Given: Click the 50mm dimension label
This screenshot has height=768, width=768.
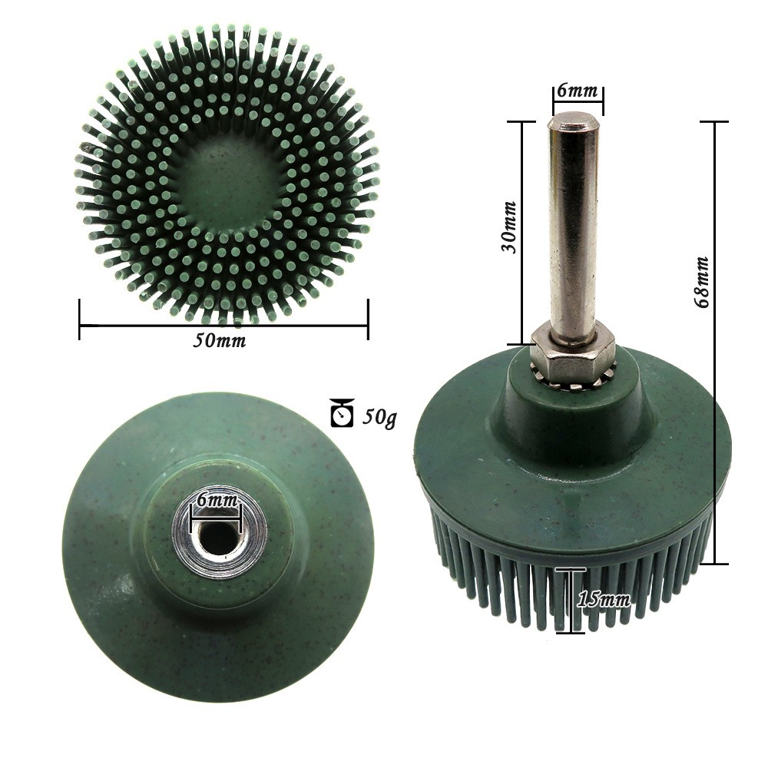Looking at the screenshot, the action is click(x=219, y=340).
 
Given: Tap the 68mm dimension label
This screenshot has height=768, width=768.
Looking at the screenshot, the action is click(x=703, y=282).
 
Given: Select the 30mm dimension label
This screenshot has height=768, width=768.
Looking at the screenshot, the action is click(x=509, y=227).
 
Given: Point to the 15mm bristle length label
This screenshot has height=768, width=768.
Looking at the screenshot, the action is click(x=604, y=599).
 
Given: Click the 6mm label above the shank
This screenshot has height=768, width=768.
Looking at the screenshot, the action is click(x=578, y=91).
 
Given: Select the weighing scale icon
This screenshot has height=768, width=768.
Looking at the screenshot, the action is click(x=343, y=412).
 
